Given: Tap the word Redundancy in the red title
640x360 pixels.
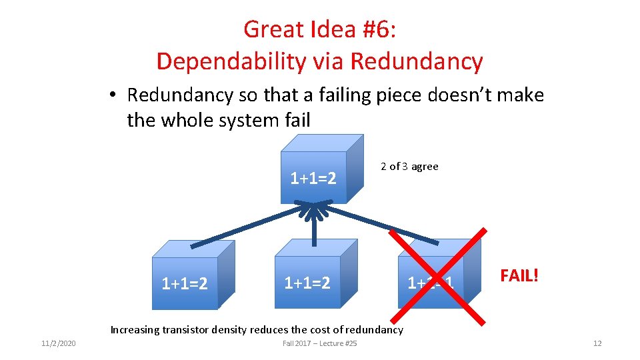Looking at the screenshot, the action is click(416, 61).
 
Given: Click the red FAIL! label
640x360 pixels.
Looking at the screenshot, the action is click(519, 275).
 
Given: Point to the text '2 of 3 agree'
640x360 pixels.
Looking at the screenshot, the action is click(409, 167).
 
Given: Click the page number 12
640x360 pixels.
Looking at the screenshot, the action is click(597, 343).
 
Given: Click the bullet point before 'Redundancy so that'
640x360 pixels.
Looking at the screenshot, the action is click(115, 95).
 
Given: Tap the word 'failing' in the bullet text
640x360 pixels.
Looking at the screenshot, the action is click(322, 95).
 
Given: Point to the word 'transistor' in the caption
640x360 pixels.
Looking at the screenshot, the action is click(189, 329).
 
